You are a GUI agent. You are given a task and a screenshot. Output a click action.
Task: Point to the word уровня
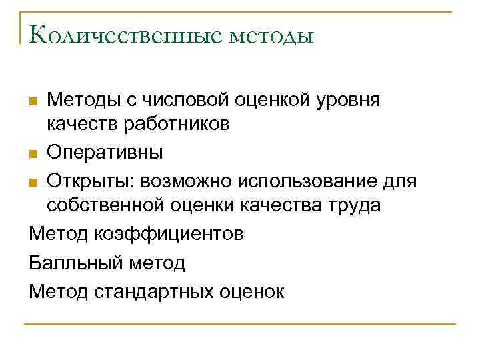pos(348,101)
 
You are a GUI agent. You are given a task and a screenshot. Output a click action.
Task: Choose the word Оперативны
pos(105,153)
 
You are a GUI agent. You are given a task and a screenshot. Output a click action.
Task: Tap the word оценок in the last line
pos(251,291)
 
